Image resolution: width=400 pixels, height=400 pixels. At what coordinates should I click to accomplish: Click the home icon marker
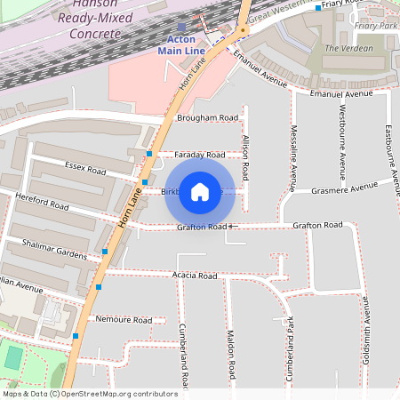pos(200,191)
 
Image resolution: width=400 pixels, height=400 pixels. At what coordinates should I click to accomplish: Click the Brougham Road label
pos(207,117)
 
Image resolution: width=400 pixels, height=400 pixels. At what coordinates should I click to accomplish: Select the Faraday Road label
pos(199,155)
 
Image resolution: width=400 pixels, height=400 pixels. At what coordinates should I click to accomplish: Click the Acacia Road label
pos(196,276)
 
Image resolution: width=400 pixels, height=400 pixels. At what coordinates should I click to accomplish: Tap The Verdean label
pos(349,48)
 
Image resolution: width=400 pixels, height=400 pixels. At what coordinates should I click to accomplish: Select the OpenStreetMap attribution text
pos(89,393)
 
